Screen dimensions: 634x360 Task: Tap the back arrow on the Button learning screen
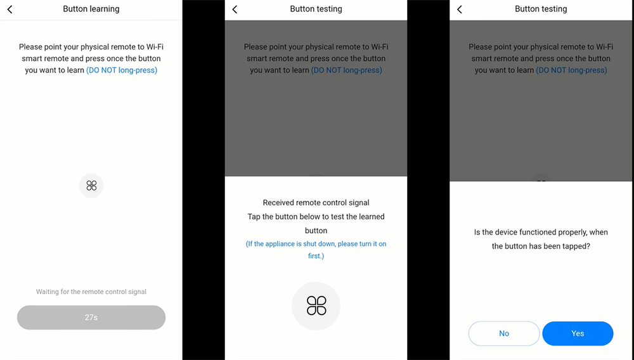[x=10, y=10]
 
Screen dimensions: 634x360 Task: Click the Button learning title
[x=91, y=9]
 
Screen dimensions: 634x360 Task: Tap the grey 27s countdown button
[x=91, y=317]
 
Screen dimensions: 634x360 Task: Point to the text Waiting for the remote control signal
[x=91, y=292]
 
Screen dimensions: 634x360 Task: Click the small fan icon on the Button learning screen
[x=91, y=186]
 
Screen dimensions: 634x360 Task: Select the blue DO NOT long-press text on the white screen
[x=122, y=70]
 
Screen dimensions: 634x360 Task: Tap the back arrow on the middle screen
[x=235, y=10]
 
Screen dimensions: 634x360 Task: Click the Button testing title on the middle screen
[x=316, y=9]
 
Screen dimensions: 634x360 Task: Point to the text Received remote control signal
[x=316, y=202]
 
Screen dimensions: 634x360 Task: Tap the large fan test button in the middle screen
[x=316, y=306]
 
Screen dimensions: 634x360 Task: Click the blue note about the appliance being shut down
[x=316, y=250]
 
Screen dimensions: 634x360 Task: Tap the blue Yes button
[x=578, y=333]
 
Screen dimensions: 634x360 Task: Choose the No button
[x=504, y=333]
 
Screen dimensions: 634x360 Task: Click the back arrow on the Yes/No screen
[x=459, y=10]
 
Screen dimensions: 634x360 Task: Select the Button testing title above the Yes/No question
[x=541, y=9]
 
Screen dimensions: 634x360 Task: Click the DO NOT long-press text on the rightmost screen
[x=571, y=70]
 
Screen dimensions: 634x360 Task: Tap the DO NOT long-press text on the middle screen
[x=347, y=70]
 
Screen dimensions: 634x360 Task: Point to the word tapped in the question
[x=577, y=247]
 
